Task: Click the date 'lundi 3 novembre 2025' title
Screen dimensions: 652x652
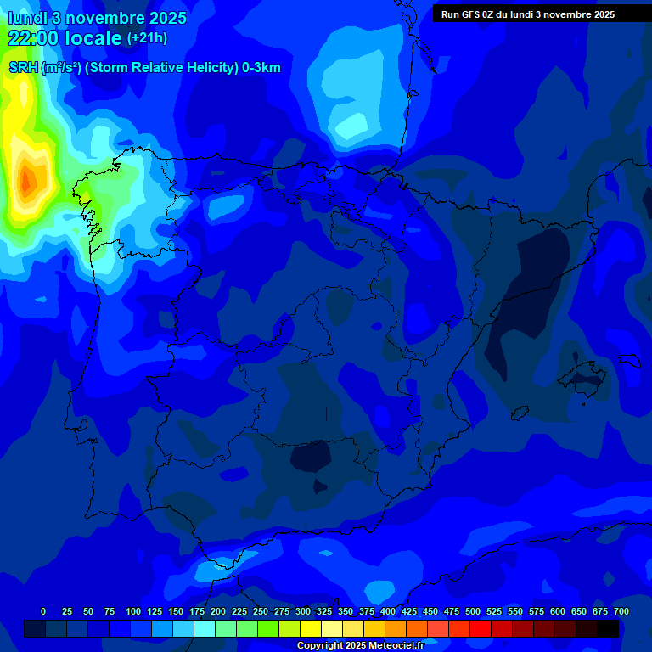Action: coord(97,18)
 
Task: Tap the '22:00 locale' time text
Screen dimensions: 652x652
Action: coord(65,38)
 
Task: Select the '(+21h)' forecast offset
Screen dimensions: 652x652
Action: coord(147,38)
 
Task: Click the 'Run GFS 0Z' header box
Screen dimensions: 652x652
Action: coord(528,14)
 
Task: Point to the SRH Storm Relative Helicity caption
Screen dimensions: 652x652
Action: coord(144,68)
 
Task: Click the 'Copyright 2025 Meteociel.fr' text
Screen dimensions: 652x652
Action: coord(360,646)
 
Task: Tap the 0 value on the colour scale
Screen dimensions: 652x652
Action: coord(43,611)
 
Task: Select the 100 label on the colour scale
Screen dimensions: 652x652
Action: coord(133,611)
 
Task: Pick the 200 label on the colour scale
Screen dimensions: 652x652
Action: coord(218,611)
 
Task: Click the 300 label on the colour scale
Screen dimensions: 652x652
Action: coord(303,611)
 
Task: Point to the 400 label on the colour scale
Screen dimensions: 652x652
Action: coord(388,611)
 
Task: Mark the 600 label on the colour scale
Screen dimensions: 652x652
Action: coord(558,611)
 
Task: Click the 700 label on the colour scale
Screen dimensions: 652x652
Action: coord(621,611)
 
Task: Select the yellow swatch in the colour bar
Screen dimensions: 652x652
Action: coord(311,628)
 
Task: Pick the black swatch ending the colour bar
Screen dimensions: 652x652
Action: coord(608,628)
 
